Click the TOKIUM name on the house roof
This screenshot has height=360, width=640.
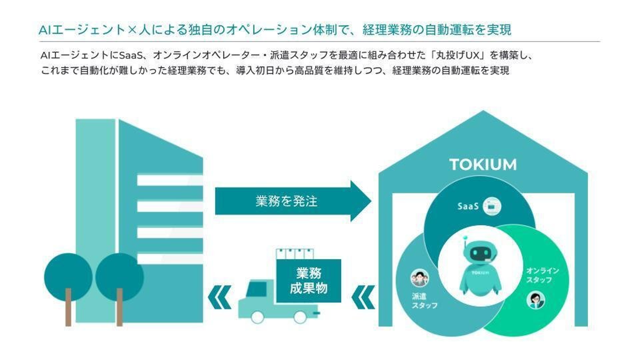click(483, 164)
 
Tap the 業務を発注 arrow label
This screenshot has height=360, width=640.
click(287, 201)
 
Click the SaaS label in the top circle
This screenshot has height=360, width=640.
click(468, 207)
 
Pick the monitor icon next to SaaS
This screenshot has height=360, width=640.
click(492, 206)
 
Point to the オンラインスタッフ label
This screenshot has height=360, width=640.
click(542, 275)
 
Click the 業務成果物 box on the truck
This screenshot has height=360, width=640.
click(308, 281)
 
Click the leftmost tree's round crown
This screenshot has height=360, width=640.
click(68, 276)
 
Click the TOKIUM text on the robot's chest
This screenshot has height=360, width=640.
click(480, 273)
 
